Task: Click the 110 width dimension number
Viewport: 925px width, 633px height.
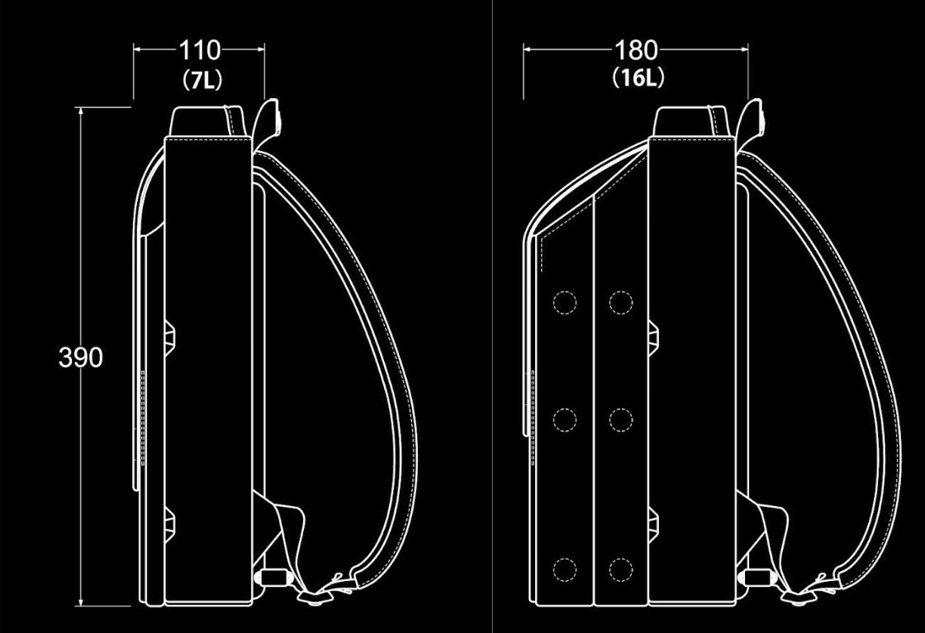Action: click(x=199, y=50)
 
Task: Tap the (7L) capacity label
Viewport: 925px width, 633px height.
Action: click(x=202, y=79)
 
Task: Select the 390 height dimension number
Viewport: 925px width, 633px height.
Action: click(x=81, y=357)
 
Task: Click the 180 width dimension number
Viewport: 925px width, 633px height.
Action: click(x=636, y=50)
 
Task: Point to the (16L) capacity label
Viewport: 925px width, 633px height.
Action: click(x=638, y=78)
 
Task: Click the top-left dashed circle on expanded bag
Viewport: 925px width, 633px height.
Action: click(x=565, y=302)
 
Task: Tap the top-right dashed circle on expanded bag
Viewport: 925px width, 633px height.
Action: click(x=620, y=302)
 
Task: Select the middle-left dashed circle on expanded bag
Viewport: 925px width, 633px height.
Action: click(x=565, y=419)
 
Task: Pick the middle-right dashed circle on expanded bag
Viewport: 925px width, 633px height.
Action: click(x=620, y=419)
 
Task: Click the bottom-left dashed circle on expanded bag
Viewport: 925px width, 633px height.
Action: click(x=565, y=569)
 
